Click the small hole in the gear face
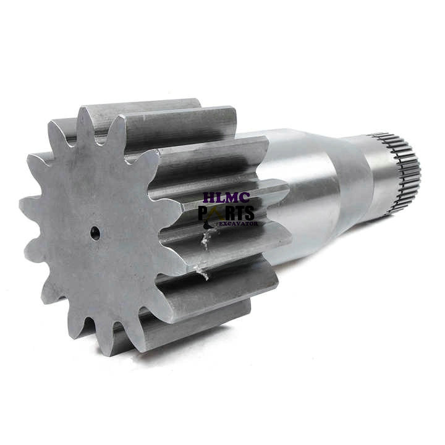coord(95,233)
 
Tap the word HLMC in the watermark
coord(226,198)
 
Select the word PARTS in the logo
coord(226,213)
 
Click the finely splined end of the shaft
coord(403,172)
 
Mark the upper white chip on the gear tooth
coord(206,240)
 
